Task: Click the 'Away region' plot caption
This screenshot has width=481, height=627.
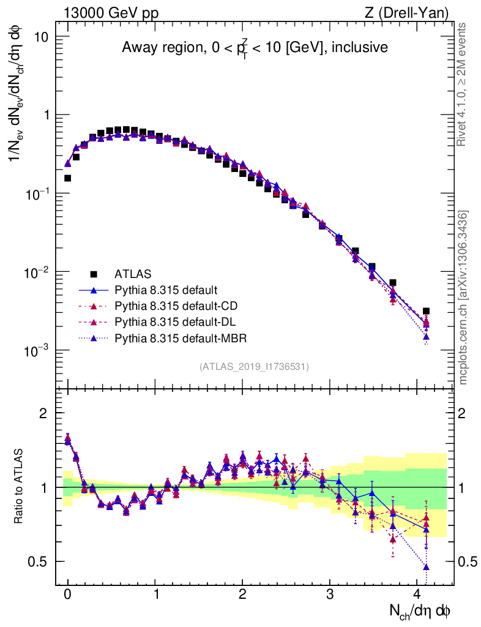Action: coord(255,47)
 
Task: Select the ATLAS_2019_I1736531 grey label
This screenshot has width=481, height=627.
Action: coord(254,367)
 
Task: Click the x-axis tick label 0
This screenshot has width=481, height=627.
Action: coord(67,594)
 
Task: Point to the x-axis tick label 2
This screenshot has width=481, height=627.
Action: coord(242,594)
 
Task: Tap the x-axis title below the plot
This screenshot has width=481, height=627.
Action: coord(420,610)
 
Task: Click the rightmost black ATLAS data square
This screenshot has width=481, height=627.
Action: coord(426,311)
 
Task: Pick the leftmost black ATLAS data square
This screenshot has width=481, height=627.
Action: coord(67,178)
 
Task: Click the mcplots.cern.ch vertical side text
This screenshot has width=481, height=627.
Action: coord(464,297)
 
